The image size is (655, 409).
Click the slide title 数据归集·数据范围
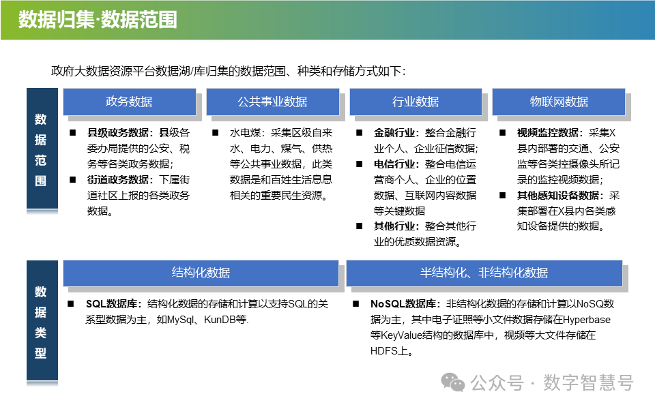coord(98,20)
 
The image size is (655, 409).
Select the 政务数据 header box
coord(129,102)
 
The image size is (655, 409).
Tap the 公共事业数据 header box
coord(272,102)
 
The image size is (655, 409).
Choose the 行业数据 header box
coord(416,102)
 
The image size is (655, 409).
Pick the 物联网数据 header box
coord(559,102)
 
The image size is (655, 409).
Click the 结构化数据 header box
coord(201,273)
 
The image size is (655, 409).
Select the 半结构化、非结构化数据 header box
coord(484,273)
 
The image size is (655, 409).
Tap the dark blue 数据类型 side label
coord(41,322)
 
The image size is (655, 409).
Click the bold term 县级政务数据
coord(119,133)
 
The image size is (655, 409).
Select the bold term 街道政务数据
coord(119,180)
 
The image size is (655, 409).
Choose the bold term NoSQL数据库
coord(405,304)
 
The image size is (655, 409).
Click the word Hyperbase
coord(586,320)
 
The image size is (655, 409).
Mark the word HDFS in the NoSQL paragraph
coord(385,351)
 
